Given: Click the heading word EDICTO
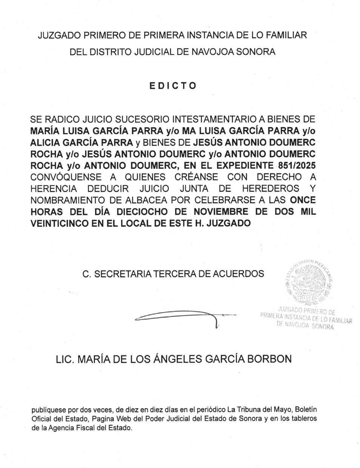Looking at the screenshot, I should (173, 85).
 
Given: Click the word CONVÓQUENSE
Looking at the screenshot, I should (66, 177).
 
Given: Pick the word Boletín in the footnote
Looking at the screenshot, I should (305, 409).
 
